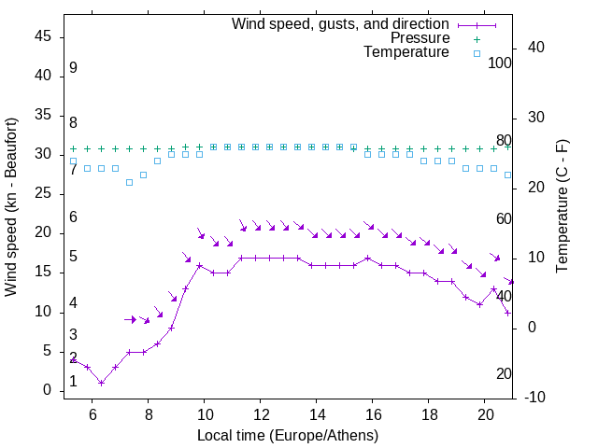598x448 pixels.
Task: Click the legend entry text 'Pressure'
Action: pyautogui.click(x=420, y=38)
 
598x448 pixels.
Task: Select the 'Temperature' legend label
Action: pyautogui.click(x=406, y=53)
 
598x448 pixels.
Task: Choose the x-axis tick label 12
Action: pyautogui.click(x=261, y=414)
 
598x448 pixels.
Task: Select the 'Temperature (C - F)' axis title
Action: pyautogui.click(x=562, y=207)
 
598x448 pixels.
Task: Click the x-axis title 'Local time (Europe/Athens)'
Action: pyautogui.click(x=288, y=435)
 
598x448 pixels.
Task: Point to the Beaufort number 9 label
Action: pyautogui.click(x=73, y=68)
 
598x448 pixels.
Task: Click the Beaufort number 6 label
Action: pyautogui.click(x=73, y=217)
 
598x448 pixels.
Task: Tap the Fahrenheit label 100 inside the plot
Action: pyautogui.click(x=500, y=63)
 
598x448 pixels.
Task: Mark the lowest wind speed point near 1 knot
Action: pyautogui.click(x=101, y=383)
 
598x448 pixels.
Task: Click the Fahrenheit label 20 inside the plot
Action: pyautogui.click(x=504, y=373)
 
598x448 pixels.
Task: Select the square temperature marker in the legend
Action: pyautogui.click(x=477, y=53)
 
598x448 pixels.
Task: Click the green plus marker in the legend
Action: pyautogui.click(x=477, y=38)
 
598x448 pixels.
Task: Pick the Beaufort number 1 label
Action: pyautogui.click(x=73, y=382)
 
